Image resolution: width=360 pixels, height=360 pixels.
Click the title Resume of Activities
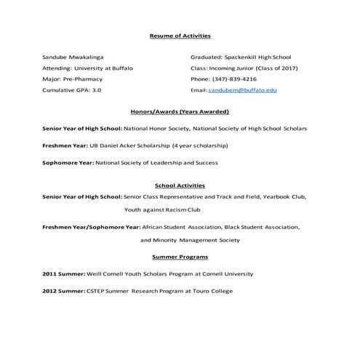click(180, 35)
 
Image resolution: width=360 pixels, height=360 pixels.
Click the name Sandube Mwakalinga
click(74, 56)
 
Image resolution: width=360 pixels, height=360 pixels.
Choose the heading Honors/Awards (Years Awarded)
click(180, 112)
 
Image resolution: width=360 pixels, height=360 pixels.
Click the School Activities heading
click(180, 185)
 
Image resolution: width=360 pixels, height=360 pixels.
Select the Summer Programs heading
click(180, 257)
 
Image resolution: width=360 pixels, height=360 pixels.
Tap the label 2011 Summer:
click(64, 274)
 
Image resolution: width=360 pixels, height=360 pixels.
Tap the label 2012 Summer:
click(64, 291)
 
